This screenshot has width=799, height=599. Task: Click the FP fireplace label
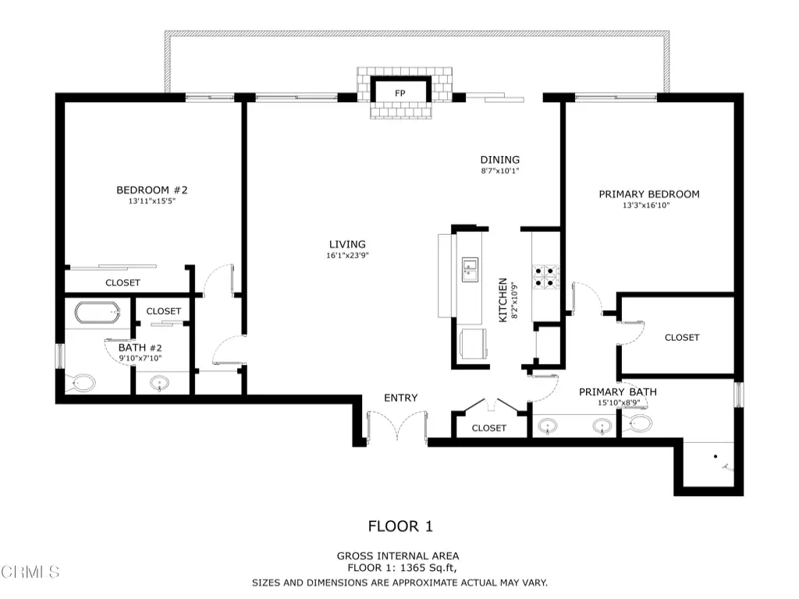pyautogui.click(x=400, y=94)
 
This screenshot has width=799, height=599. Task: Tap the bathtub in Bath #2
pyautogui.click(x=98, y=313)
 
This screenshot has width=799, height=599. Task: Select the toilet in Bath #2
pyautogui.click(x=81, y=382)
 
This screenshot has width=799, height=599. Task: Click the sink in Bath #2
pyautogui.click(x=160, y=382)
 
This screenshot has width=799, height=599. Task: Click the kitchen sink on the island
pyautogui.click(x=470, y=269)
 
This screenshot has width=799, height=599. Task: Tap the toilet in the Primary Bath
pyautogui.click(x=637, y=422)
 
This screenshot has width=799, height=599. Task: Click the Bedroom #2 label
pyautogui.click(x=152, y=190)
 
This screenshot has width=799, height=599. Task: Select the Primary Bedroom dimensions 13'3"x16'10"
pyautogui.click(x=646, y=205)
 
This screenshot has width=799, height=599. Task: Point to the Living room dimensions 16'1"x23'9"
pyautogui.click(x=347, y=255)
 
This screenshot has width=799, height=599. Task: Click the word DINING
pyautogui.click(x=500, y=160)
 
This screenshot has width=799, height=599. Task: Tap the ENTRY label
pyautogui.click(x=401, y=398)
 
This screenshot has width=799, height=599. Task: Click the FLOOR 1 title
pyautogui.click(x=400, y=526)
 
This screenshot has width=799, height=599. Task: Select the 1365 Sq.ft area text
pyautogui.click(x=428, y=568)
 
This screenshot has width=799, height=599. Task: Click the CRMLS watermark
pyautogui.click(x=30, y=572)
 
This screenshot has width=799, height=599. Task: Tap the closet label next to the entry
pyautogui.click(x=489, y=428)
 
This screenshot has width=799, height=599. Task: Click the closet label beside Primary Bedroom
pyautogui.click(x=682, y=338)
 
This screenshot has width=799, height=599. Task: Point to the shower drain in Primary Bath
pyautogui.click(x=716, y=456)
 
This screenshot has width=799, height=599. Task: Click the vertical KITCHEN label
pyautogui.click(x=503, y=300)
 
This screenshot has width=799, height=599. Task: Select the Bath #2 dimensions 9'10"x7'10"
pyautogui.click(x=140, y=358)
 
